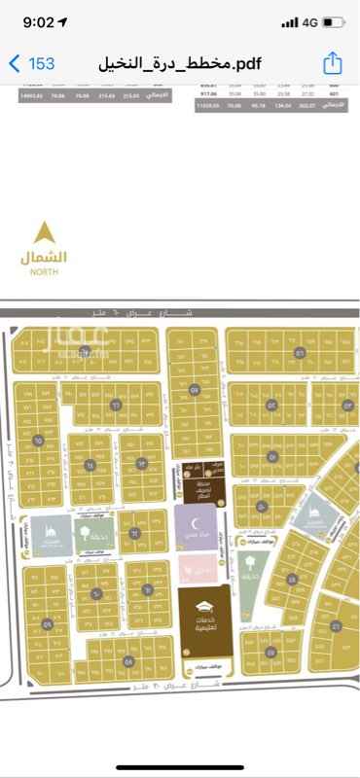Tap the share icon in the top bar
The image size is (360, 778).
coord(333,63)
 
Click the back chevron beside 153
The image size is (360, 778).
coord(14,63)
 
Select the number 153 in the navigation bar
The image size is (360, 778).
coord(41,63)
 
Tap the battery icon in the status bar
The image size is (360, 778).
coord(333,21)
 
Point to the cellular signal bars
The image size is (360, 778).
coord(288,21)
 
